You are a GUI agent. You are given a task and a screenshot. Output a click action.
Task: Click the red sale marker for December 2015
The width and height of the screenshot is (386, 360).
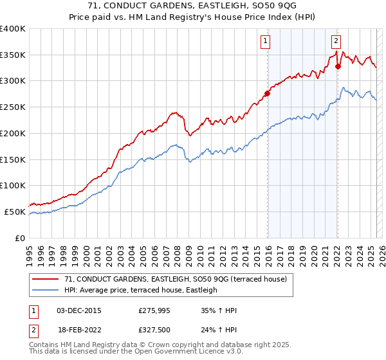(267, 93)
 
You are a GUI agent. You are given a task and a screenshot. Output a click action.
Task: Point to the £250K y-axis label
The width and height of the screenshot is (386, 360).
(13, 107)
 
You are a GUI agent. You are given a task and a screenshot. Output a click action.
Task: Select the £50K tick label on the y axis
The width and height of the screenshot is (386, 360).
(15, 212)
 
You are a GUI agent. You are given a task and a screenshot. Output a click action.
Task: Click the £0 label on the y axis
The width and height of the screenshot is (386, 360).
(21, 238)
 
